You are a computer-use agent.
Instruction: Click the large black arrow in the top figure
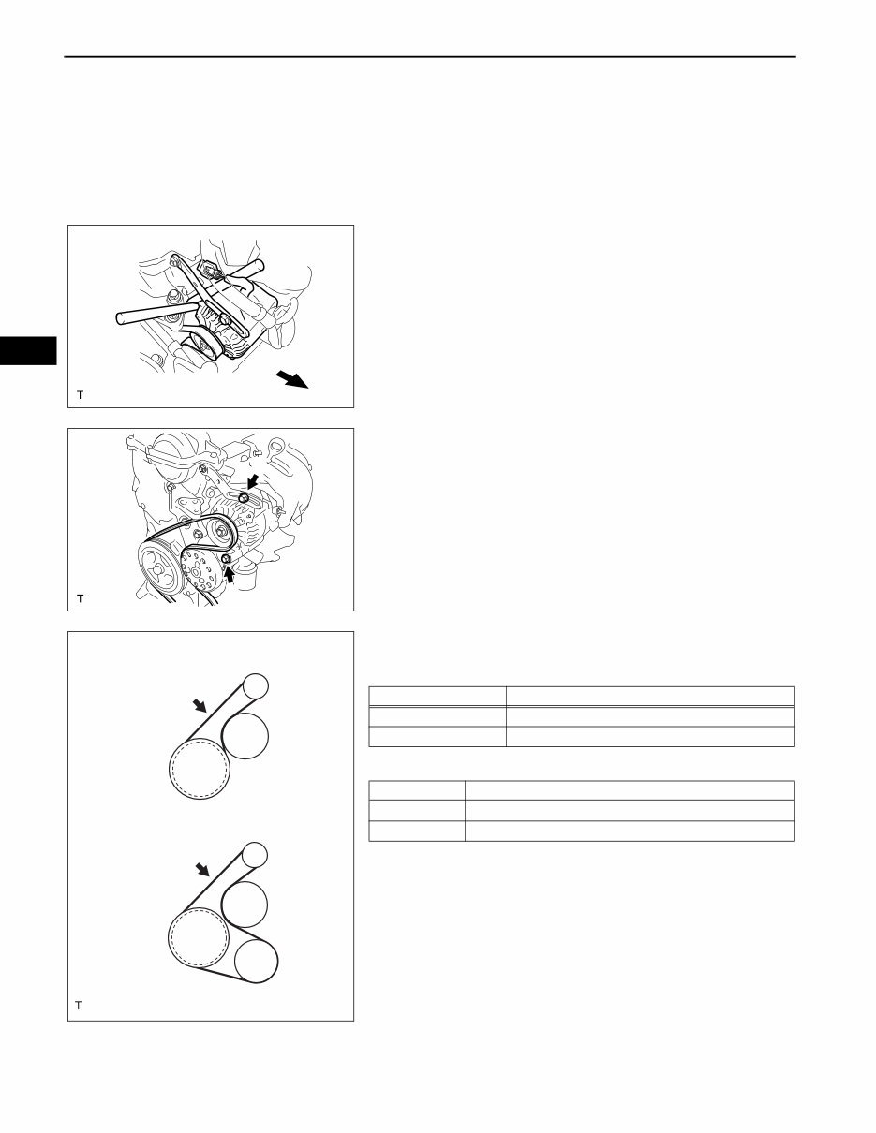click(x=293, y=380)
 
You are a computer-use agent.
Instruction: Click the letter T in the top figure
click(x=80, y=395)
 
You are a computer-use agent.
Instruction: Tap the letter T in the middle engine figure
click(x=80, y=597)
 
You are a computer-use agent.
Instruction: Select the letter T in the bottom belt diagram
click(x=80, y=1006)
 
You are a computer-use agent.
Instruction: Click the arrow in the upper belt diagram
click(x=197, y=704)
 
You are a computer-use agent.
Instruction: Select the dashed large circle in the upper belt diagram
click(x=197, y=771)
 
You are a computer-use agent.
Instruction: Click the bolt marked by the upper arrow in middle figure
click(x=243, y=497)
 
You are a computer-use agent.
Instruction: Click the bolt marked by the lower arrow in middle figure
click(x=226, y=561)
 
